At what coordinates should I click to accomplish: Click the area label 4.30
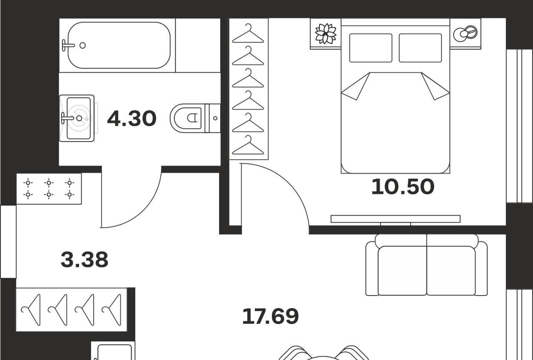pos(132,119)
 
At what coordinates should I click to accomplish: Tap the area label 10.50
pos(403,186)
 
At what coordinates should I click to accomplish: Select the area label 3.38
pos(85,259)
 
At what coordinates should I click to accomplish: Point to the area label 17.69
pos(270,316)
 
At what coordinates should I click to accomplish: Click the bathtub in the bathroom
pos(119,45)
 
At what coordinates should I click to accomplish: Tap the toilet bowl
pos(187,118)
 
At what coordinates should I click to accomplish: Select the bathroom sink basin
pos(79,118)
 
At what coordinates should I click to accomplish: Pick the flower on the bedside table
pos(326,34)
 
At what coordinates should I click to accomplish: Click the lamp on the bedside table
pos(466,34)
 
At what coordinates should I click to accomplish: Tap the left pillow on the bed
pos(371,48)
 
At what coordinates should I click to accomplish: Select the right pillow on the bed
pos(420,48)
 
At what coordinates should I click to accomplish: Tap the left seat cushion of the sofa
pos(402,271)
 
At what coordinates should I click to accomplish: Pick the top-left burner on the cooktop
pos(28,183)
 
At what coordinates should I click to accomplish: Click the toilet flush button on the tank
pos(215,118)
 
